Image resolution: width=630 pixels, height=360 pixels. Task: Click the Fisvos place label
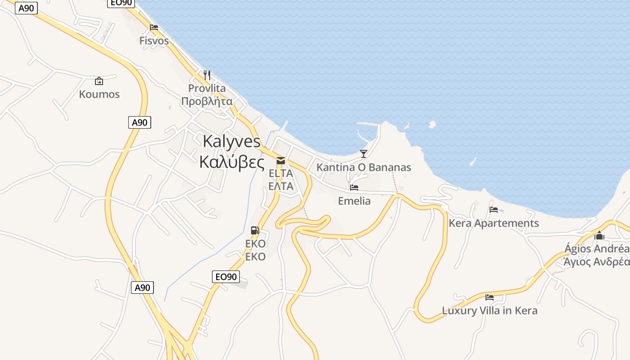pos(154,40)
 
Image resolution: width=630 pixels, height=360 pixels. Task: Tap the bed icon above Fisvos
pos(154,27)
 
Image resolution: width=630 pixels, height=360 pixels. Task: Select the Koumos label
pos(99,94)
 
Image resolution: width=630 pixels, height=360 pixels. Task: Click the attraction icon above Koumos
pos(99,81)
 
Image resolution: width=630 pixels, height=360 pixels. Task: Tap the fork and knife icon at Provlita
pos(207,75)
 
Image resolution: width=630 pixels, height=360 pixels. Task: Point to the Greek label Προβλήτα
pos(207,101)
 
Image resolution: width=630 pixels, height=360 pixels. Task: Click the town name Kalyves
pos(231,141)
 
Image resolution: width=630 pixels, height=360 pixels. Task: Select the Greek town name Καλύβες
pos(231,162)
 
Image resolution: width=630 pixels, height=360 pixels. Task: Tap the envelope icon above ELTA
pos(281,161)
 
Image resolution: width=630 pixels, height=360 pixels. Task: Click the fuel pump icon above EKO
pos(255,230)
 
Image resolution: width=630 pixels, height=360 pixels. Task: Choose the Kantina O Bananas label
pos(364,167)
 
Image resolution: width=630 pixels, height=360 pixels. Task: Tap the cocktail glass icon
pos(364,154)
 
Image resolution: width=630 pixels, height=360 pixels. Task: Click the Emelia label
pos(355,201)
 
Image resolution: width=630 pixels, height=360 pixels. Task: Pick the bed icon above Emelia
pos(354,188)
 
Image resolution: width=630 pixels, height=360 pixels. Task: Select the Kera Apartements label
pos(494,223)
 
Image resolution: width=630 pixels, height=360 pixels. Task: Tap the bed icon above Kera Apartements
pos(494,210)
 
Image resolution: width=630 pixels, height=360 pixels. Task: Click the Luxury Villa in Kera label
pos(490,310)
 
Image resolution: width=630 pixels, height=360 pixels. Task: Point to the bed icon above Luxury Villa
pos(490,297)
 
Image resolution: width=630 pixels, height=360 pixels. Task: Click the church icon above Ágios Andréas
pos(599,235)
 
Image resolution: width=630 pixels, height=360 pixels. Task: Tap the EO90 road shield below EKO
pos(225,277)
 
